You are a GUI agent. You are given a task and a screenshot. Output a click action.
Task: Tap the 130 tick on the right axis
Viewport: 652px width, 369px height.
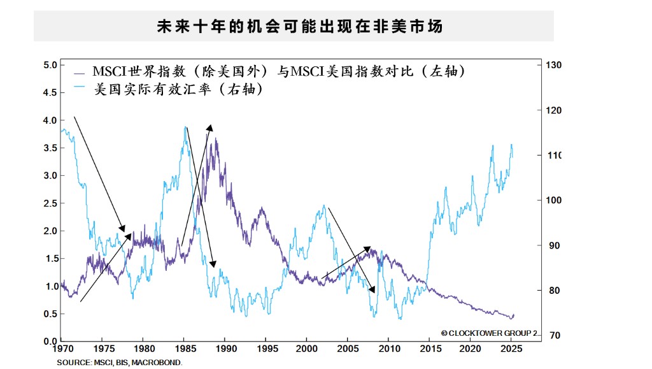pos(553,65)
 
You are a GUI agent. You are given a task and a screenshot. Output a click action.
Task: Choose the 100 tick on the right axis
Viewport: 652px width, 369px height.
pos(553,200)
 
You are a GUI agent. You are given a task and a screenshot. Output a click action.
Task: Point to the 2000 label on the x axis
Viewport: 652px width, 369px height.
pos(306,350)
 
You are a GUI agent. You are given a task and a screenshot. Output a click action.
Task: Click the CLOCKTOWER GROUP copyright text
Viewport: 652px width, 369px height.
pos(489,333)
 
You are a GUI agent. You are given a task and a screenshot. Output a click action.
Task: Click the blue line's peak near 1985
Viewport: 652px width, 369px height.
pos(185,126)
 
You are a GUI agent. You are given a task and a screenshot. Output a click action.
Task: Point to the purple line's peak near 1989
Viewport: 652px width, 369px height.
pos(216,138)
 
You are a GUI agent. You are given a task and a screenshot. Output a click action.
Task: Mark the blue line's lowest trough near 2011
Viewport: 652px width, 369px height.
pos(400,319)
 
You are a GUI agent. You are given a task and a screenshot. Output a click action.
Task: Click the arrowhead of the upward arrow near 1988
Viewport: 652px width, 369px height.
pos(211,126)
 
